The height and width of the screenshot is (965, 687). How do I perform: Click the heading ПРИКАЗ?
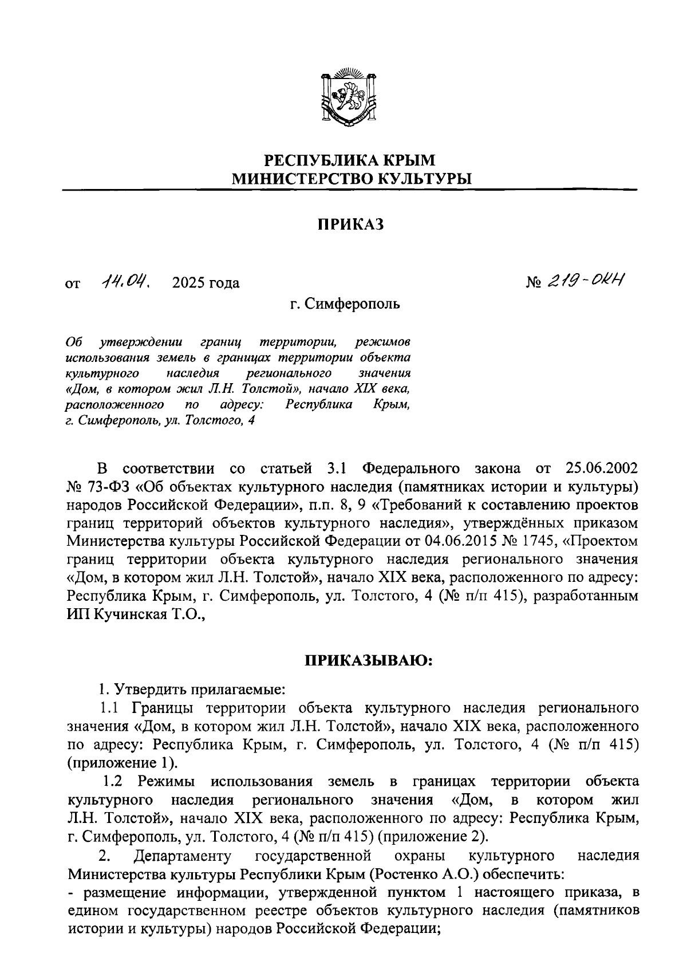point(350,224)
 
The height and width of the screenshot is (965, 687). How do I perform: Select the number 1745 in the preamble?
point(524,541)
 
